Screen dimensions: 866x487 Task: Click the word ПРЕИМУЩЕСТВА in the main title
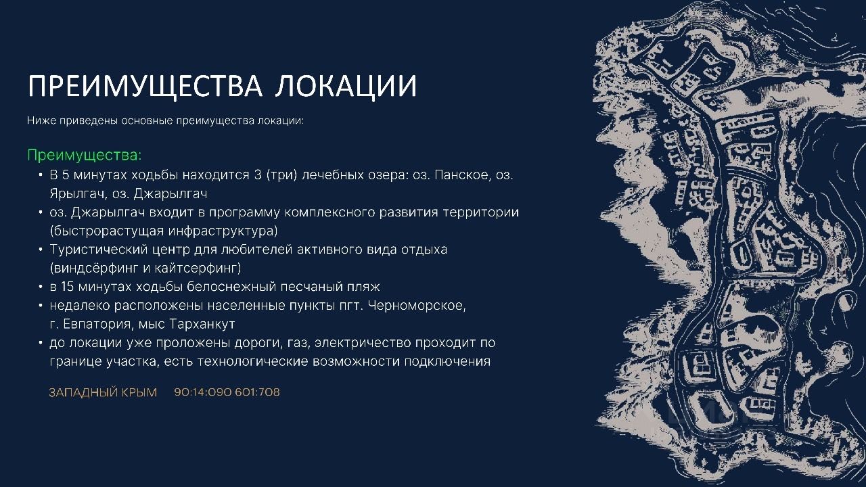(145, 86)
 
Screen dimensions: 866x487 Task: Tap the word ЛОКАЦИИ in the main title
(346, 86)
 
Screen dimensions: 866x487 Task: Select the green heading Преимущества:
(85, 156)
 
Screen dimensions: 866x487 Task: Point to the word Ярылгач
(78, 193)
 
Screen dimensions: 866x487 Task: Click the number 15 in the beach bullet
(67, 287)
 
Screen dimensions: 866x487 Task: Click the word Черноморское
(417, 306)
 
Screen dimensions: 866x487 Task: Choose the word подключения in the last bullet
(447, 362)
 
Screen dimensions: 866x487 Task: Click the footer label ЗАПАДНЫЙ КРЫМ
(103, 392)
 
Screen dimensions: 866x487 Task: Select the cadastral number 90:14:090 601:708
(227, 392)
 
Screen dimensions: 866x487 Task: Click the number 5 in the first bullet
(66, 175)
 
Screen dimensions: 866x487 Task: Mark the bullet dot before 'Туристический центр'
(41, 250)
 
